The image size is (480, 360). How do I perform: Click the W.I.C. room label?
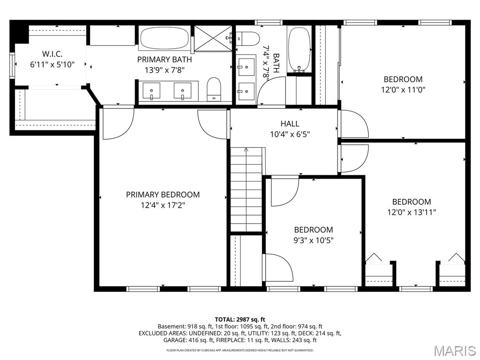point(52,54)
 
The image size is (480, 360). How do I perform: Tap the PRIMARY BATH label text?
point(165,59)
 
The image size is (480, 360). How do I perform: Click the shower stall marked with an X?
point(213,38)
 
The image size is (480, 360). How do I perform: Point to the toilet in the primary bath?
point(214,89)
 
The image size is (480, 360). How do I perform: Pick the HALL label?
point(290,124)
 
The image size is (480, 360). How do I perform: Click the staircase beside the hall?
point(247,189)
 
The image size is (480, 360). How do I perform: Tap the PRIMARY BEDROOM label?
point(163,195)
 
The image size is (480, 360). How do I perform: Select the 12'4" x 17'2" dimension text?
point(163,205)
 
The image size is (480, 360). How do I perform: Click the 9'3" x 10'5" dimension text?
point(314,240)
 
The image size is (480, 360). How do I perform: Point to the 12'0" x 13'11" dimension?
point(412,212)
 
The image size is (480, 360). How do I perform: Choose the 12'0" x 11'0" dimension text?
point(403,90)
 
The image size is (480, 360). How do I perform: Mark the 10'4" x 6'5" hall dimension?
point(290,134)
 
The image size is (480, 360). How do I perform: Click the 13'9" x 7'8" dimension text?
point(165,70)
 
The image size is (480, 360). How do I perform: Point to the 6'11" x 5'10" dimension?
point(52,64)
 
